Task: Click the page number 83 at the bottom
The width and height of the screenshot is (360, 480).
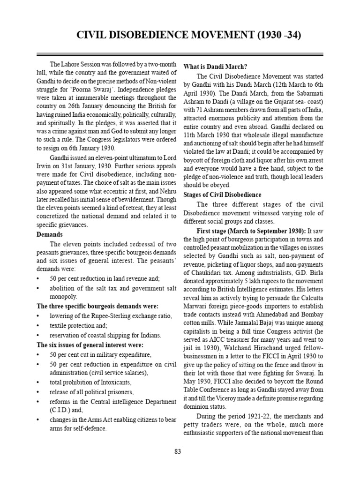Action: pos(178,451)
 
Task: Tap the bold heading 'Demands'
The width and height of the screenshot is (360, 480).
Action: pos(49,234)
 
